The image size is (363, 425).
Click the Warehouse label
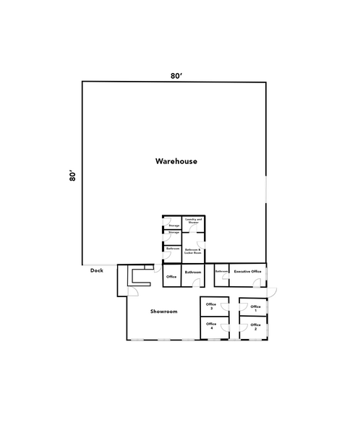[176, 160]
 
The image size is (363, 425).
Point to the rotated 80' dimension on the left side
[73, 176]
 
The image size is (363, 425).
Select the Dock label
[97, 271]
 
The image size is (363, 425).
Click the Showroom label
[163, 311]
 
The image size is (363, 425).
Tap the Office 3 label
[211, 306]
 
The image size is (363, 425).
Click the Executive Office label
[246, 271]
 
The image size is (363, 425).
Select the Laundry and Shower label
[192, 220]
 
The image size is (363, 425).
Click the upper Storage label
[174, 226]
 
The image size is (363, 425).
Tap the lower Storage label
[174, 233]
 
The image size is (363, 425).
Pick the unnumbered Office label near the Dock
[171, 276]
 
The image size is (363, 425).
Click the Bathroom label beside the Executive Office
[221, 271]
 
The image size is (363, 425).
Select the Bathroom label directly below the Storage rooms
[173, 249]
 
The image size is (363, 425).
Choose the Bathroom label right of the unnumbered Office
[193, 272]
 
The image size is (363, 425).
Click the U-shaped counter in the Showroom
[136, 275]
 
